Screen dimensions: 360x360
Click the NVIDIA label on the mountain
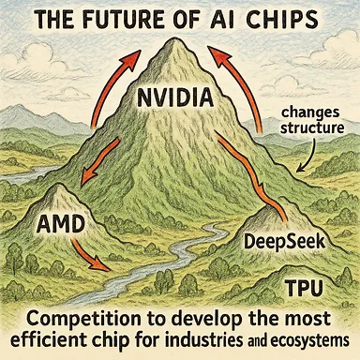tap(180, 97)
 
